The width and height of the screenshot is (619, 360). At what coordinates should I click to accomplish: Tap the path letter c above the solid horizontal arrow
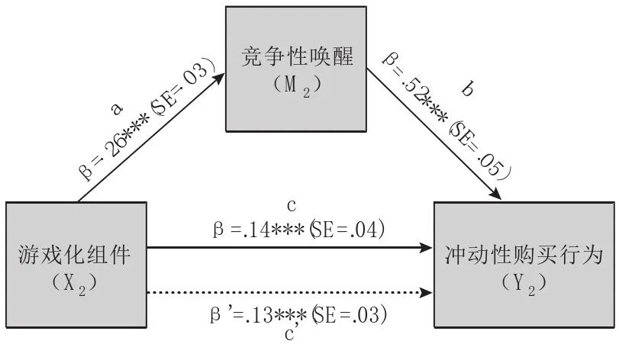[292, 207]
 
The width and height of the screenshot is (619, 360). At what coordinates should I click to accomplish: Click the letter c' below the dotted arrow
[290, 333]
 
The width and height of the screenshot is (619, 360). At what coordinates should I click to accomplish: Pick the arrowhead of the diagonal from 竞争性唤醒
[497, 196]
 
